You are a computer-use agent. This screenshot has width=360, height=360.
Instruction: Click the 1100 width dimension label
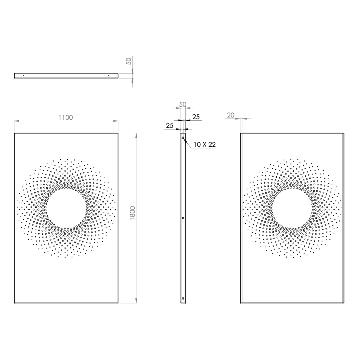pyautogui.click(x=66, y=117)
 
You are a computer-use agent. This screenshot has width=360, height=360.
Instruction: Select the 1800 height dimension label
pyautogui.click(x=133, y=214)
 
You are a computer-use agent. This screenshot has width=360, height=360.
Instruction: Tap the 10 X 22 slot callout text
pyautogui.click(x=205, y=144)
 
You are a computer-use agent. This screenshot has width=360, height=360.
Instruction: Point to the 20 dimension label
pyautogui.click(x=231, y=115)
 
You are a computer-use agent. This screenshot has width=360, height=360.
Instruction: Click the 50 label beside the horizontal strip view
pyautogui.click(x=129, y=61)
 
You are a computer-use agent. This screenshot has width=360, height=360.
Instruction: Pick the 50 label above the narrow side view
pyautogui.click(x=183, y=104)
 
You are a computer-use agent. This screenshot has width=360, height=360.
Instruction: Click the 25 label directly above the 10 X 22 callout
pyautogui.click(x=196, y=117)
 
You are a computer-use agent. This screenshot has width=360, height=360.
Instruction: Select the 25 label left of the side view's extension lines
pyautogui.click(x=169, y=126)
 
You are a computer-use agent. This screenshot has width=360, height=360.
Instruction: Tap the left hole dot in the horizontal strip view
pyautogui.click(x=24, y=76)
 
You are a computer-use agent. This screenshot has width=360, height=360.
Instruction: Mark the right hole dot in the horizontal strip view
pyautogui.click(x=109, y=76)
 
